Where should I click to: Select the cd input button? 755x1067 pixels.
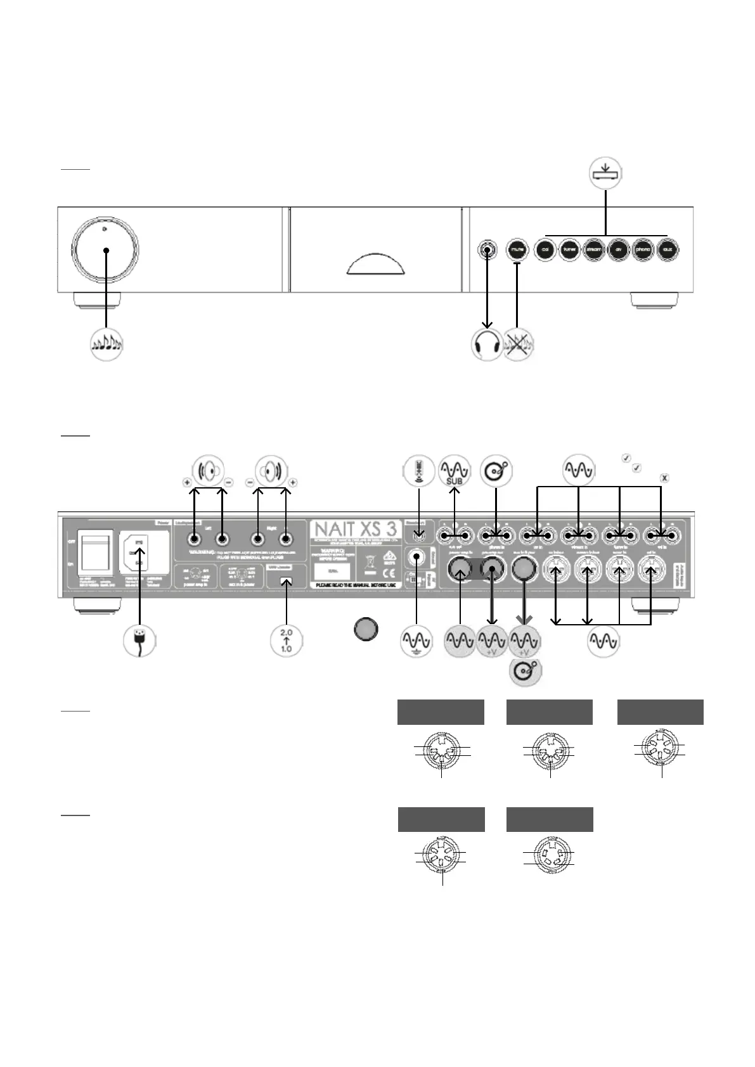tap(545, 250)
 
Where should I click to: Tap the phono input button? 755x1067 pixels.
tap(643, 250)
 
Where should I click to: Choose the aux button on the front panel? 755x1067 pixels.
tap(667, 250)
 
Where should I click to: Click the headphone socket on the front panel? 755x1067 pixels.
tap(487, 250)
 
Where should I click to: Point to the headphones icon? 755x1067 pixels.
tap(487, 345)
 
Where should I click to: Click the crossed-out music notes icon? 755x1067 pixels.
tap(519, 345)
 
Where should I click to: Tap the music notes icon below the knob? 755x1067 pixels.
tap(106, 345)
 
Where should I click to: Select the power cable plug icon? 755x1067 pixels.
tap(139, 641)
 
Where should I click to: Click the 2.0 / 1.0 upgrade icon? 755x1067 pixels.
tap(287, 641)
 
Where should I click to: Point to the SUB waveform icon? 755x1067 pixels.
tap(455, 471)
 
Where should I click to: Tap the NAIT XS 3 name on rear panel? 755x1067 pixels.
tap(355, 529)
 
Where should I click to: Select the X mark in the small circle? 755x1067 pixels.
tap(664, 478)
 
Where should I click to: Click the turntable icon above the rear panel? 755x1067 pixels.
tap(496, 471)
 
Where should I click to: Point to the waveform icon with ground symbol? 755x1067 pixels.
tap(416, 641)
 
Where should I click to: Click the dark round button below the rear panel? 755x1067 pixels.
tap(366, 630)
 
